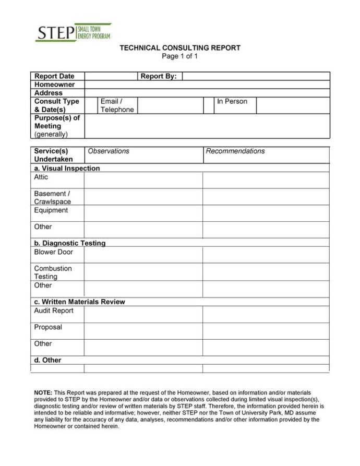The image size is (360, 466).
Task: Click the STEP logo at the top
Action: pos(73,32)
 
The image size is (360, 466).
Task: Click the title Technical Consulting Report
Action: pos(180,48)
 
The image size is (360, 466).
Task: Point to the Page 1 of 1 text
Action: pos(180,56)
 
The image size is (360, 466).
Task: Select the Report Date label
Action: pos(54,76)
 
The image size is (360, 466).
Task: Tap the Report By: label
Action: pos(159,76)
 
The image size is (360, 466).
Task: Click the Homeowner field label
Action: pos(54,85)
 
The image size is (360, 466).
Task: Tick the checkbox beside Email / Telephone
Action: pos(91,105)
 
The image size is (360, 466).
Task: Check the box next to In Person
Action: pos(208,105)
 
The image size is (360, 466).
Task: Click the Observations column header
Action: pos(109,151)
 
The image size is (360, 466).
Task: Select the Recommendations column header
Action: pos(235,151)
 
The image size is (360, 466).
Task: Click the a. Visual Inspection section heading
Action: pos(67,169)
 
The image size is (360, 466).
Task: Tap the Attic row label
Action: pos(41,177)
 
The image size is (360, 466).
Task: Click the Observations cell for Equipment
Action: pos(143,213)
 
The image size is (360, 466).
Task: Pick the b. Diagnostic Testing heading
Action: pos(70,243)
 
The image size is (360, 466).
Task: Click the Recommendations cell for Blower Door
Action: pos(266,255)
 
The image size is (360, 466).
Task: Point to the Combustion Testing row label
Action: pos(53,272)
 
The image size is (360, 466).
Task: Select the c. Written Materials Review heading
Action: pos(79,302)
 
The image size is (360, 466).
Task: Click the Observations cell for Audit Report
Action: pos(143,314)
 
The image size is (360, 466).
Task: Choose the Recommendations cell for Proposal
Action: pos(266,331)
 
